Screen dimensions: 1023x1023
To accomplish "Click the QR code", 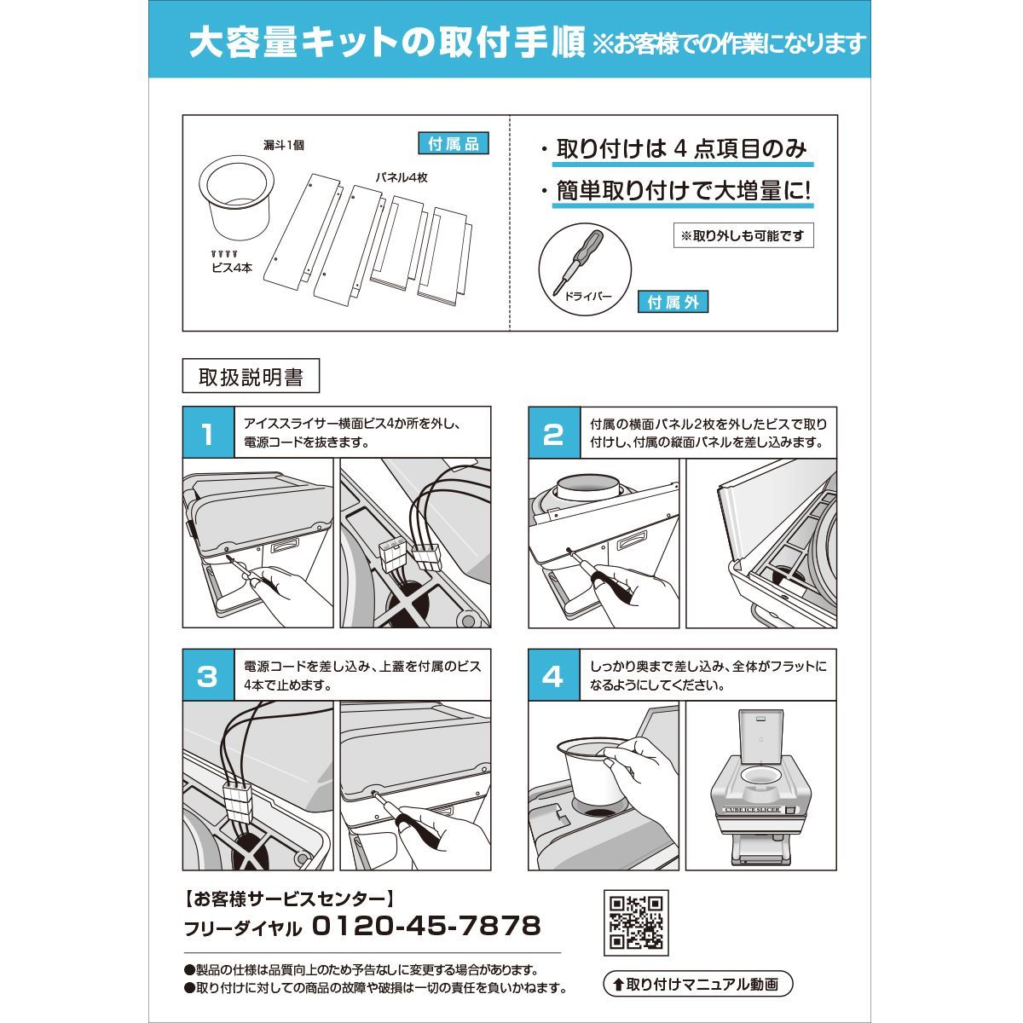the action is [x=636, y=922].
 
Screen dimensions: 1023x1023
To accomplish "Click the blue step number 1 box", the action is [x=208, y=432].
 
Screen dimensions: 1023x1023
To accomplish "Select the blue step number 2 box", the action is [x=554, y=432].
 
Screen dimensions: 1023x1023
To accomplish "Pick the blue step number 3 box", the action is [x=208, y=674].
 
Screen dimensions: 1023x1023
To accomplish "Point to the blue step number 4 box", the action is [x=554, y=674].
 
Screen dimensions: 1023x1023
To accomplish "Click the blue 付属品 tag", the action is [x=454, y=144].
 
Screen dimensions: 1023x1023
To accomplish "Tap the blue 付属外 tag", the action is [x=673, y=302].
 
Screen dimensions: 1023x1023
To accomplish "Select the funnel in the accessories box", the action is [x=237, y=197].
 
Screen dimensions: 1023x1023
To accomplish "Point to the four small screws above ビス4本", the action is [x=224, y=254].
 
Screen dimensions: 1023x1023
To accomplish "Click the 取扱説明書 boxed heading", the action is [x=251, y=376].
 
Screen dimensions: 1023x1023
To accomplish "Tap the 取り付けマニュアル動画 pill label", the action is [x=698, y=985].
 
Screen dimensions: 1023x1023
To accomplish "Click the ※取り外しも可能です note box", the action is [x=743, y=235].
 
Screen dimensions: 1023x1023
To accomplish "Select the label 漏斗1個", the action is [x=284, y=145].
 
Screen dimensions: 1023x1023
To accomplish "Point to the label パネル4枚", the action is [x=402, y=178].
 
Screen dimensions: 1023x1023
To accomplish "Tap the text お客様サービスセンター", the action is [x=289, y=899].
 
